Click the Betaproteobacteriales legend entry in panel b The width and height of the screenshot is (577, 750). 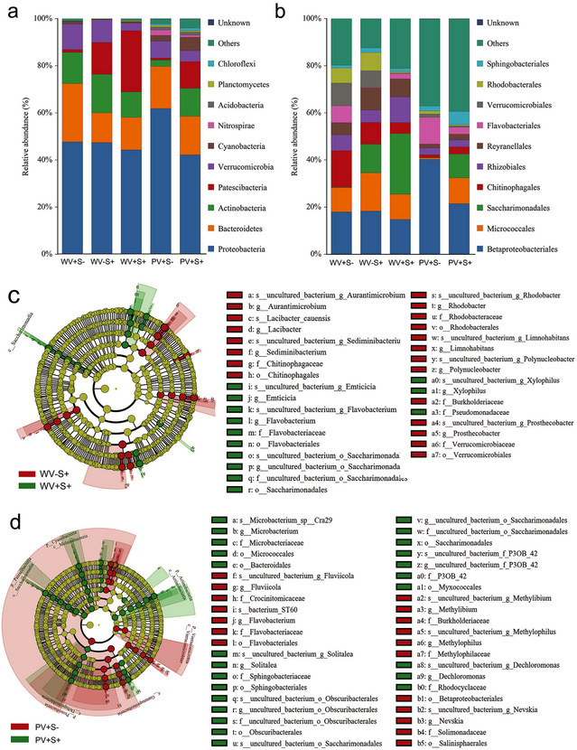528,247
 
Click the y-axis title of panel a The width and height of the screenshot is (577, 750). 14,136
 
